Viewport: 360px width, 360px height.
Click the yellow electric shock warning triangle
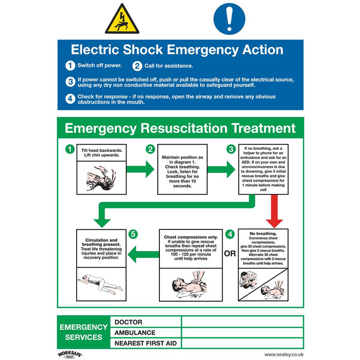pyautogui.click(x=122, y=20)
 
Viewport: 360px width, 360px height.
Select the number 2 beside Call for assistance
pyautogui.click(x=137, y=66)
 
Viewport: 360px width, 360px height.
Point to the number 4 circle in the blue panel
pyautogui.click(x=70, y=99)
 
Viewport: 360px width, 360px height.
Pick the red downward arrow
pyautogui.click(x=275, y=212)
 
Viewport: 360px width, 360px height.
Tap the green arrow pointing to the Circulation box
pyautogui.click(x=142, y=253)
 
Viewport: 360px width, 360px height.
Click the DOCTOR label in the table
pyautogui.click(x=129, y=322)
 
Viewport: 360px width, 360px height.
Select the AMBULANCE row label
pyautogui.click(x=135, y=332)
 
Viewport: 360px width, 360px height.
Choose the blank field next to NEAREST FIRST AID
pyautogui.click(x=242, y=343)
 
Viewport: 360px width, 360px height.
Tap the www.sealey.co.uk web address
pyautogui.click(x=283, y=355)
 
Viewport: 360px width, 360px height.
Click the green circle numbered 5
pyautogui.click(x=134, y=234)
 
